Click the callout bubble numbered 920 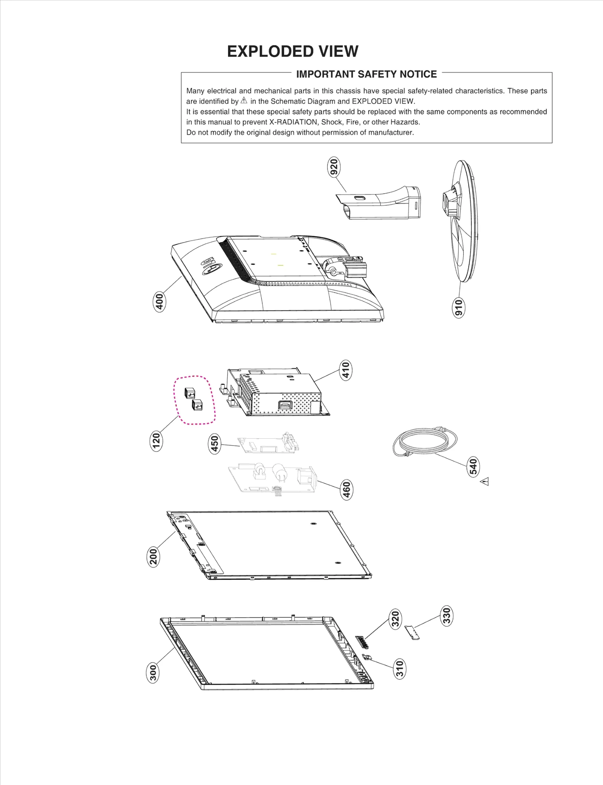point(334,167)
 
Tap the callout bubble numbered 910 point(458,308)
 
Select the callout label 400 point(160,301)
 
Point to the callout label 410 point(346,370)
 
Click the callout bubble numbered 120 point(156,441)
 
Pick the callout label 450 point(214,444)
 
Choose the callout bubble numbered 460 point(346,490)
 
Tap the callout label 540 point(473,467)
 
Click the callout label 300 point(153,673)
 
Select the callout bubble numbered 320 point(395,619)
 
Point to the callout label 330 point(447,616)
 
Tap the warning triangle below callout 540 point(485,481)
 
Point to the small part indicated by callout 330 point(412,632)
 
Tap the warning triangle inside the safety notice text point(244,101)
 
